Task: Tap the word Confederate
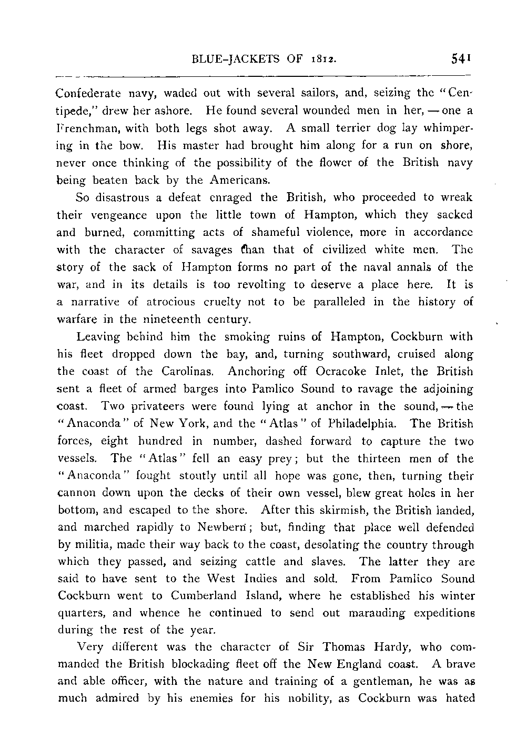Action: pyautogui.click(x=89, y=93)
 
